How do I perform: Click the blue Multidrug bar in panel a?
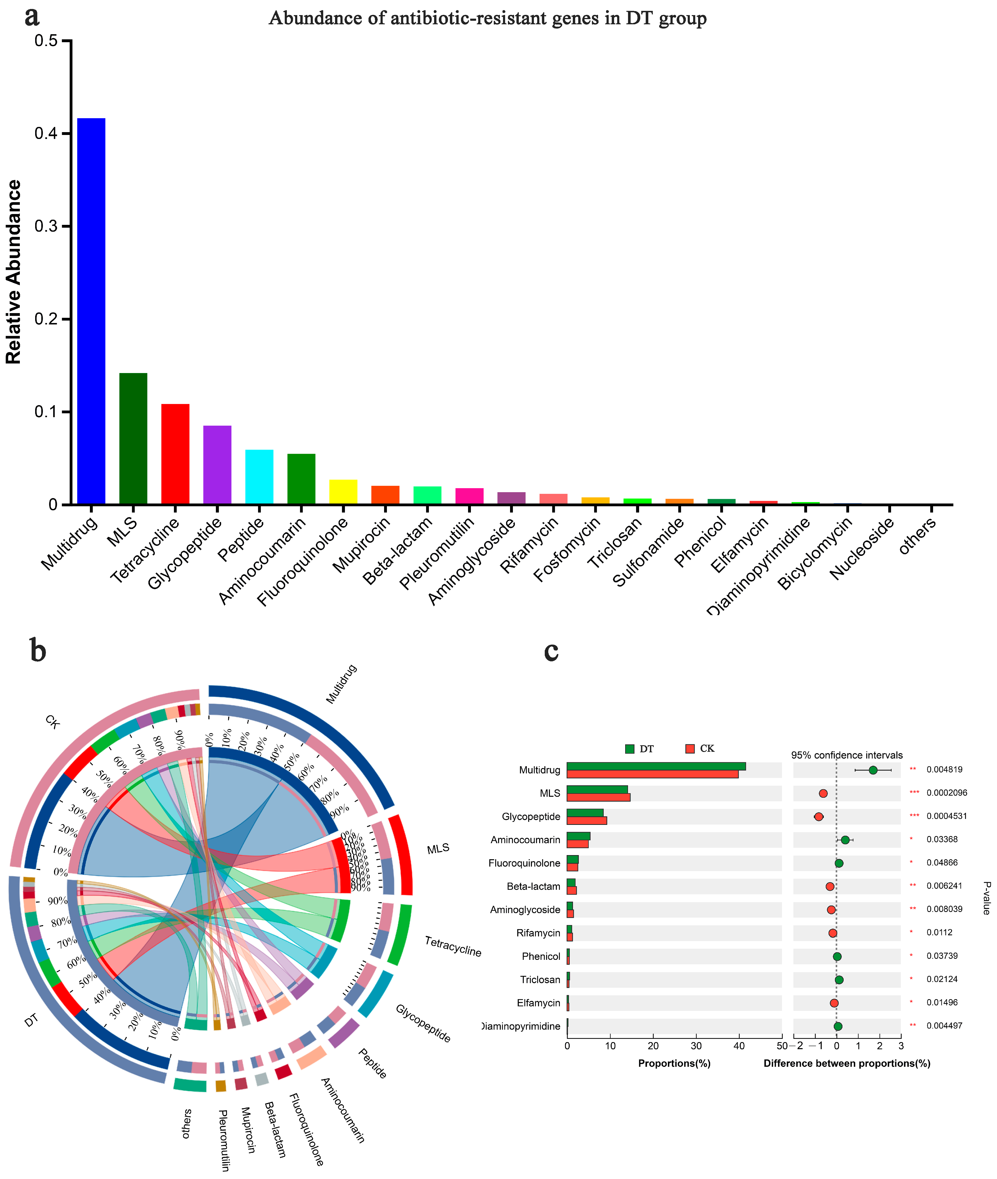click(x=91, y=311)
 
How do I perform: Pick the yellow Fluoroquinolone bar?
click(x=343, y=492)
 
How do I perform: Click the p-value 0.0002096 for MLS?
click(x=947, y=793)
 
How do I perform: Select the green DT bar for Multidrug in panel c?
click(x=656, y=766)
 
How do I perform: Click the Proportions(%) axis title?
click(x=674, y=1063)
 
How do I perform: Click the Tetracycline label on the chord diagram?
click(x=453, y=947)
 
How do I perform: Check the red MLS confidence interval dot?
click(x=823, y=793)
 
